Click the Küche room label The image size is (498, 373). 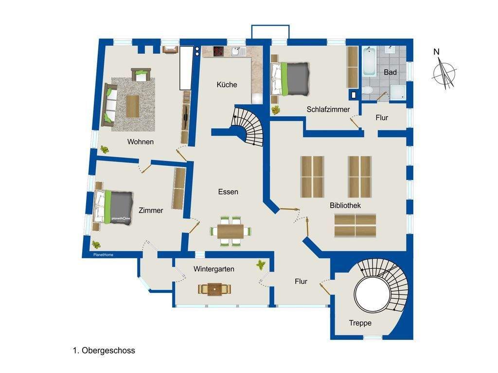click(227, 85)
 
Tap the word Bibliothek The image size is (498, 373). click(345, 205)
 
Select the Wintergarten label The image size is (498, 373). click(214, 269)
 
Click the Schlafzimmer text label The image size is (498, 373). click(328, 109)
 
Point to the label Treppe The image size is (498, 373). click(360, 323)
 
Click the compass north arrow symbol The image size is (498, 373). click(444, 72)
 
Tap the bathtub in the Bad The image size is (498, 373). click(369, 61)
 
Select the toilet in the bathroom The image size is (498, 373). click(368, 90)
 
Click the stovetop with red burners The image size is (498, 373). click(218, 52)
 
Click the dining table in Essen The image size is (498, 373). click(231, 231)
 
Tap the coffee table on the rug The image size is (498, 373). click(133, 106)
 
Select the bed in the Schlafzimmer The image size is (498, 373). click(290, 79)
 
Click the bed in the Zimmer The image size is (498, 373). click(113, 208)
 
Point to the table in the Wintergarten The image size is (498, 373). click(214, 289)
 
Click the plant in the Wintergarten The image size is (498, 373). click(261, 265)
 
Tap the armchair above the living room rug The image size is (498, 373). click(141, 75)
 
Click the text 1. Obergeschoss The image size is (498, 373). click(104, 351)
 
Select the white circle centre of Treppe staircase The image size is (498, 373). click(372, 294)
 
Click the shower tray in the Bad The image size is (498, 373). click(398, 92)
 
